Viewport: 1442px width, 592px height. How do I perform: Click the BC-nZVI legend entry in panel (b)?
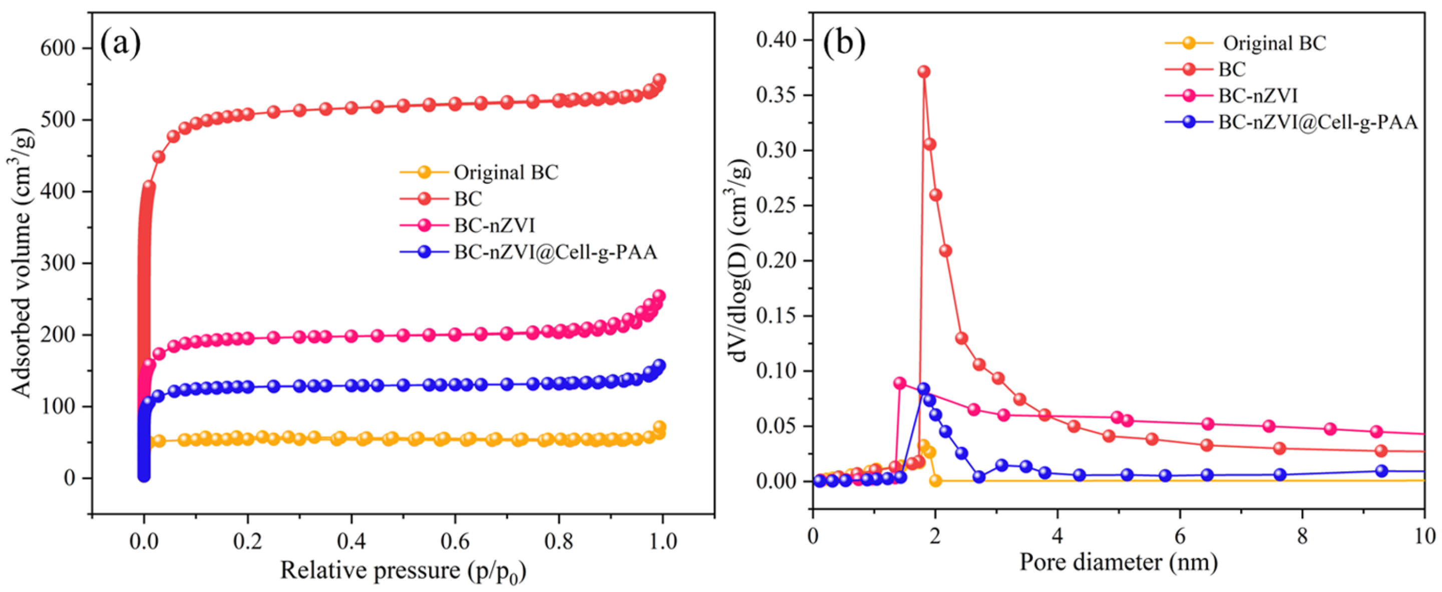1257,96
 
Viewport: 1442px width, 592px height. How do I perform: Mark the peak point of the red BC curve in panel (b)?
924,72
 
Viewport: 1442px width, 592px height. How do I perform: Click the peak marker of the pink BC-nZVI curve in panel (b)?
900,384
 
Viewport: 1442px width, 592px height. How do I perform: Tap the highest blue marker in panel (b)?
924,389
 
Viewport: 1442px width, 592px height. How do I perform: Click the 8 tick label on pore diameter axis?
1301,536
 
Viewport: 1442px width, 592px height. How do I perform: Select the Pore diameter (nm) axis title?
1118,562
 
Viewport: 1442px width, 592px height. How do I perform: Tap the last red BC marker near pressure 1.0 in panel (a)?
659,80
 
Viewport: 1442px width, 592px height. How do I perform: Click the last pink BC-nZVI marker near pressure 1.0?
659,295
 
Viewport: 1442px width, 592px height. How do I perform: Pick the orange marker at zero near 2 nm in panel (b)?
935,480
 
